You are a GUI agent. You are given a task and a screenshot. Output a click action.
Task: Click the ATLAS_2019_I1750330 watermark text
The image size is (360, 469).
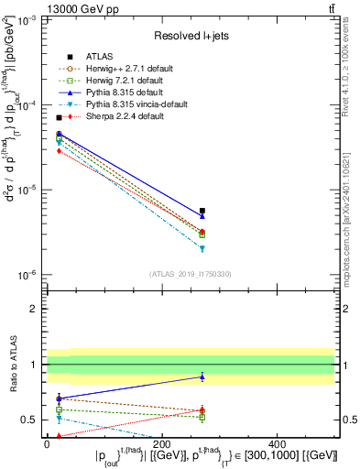(x=191, y=273)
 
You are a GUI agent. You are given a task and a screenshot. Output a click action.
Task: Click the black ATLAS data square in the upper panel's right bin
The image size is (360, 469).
(x=202, y=211)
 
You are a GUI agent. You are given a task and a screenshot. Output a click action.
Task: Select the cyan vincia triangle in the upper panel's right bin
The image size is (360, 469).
(x=202, y=248)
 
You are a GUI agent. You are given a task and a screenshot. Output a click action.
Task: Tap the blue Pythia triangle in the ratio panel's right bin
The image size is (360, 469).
(x=202, y=376)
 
